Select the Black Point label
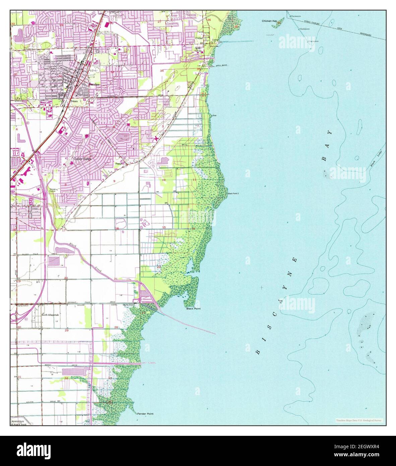pos(193,309)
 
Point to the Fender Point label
pos(145,414)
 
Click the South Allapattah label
pos(49,315)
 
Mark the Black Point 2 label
pos(233,194)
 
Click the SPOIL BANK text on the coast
pos(222,65)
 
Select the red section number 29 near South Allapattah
pos(66,331)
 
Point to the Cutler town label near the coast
pos(199,38)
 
